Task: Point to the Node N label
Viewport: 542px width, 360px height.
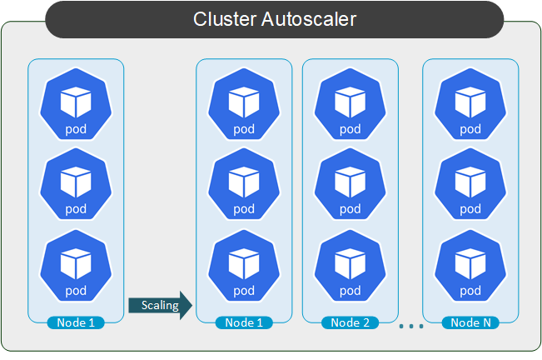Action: [470, 322]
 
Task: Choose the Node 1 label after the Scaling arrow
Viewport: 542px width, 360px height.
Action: [244, 322]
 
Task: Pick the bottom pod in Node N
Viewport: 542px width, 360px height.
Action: [470, 268]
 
